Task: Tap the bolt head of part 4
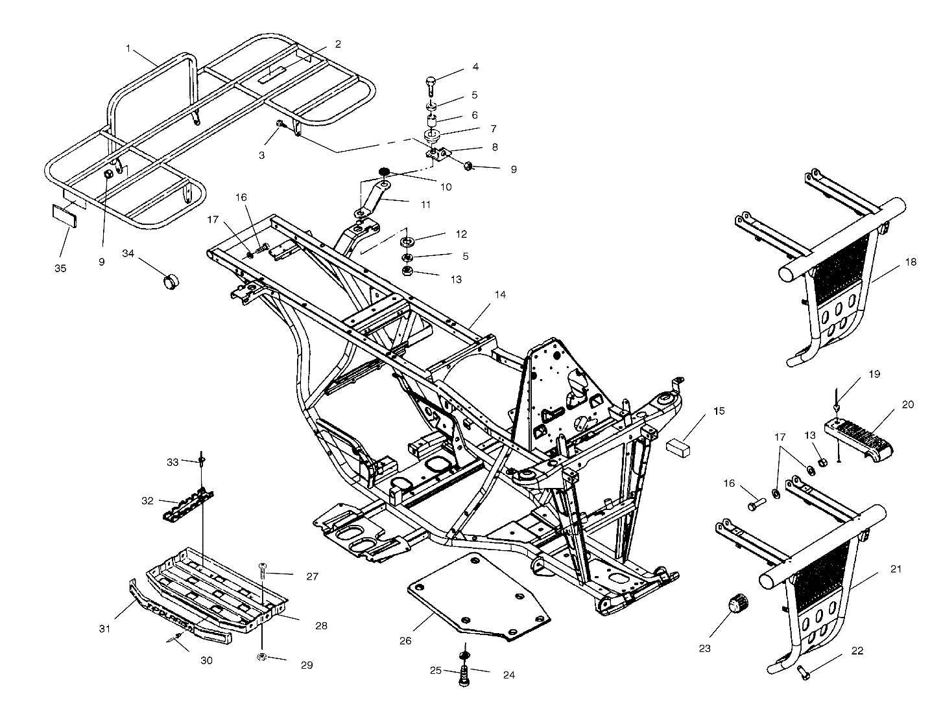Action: (432, 82)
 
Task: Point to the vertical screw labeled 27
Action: (263, 572)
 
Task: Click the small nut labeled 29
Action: (262, 657)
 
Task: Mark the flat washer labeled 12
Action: (407, 242)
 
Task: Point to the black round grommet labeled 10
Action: (383, 171)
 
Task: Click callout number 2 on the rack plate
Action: (337, 44)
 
